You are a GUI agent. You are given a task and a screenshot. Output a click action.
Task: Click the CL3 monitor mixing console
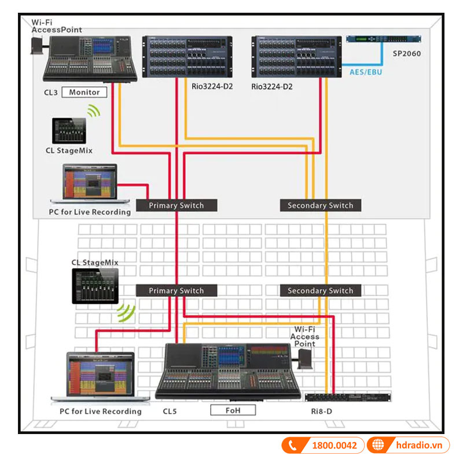[x=91, y=59]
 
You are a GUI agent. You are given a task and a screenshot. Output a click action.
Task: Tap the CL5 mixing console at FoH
[x=229, y=370]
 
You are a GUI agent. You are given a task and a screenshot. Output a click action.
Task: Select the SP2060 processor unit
[x=384, y=39]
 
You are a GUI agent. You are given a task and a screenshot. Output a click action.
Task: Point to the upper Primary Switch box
[x=177, y=205]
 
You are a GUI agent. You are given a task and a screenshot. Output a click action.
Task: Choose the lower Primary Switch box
[x=177, y=291]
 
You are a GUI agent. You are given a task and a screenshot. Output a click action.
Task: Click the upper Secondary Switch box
[x=320, y=205]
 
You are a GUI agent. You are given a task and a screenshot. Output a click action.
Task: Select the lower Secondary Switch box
[x=320, y=291]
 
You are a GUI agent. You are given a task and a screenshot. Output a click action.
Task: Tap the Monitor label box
[x=84, y=92]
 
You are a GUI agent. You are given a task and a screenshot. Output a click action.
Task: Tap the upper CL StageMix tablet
[x=69, y=131]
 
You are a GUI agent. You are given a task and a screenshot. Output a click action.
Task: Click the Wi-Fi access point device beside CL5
[x=305, y=360]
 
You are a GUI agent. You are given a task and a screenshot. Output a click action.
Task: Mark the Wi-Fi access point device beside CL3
[x=39, y=45]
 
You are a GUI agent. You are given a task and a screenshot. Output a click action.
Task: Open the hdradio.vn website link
[x=418, y=445]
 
